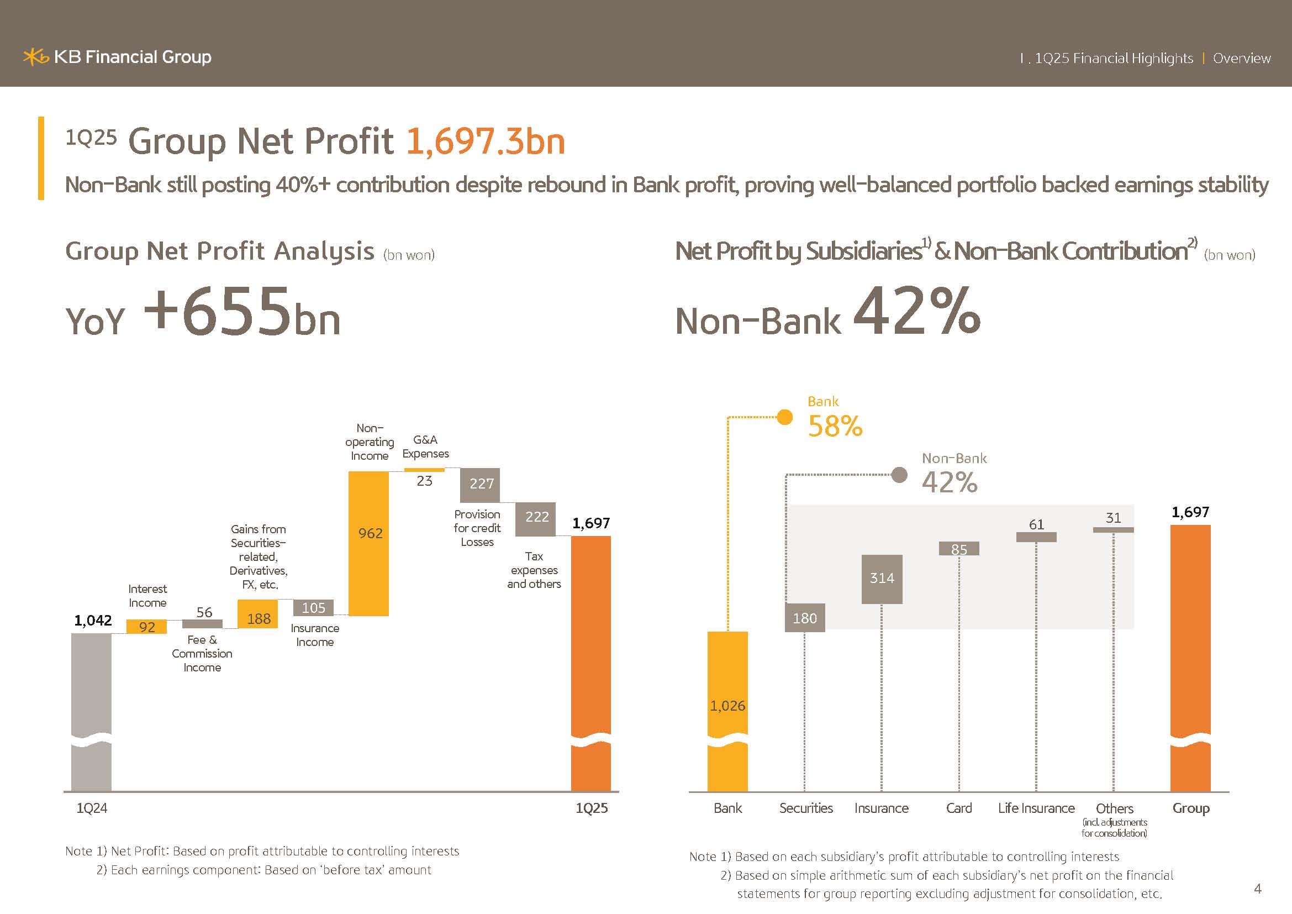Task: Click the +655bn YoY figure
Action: tap(242, 312)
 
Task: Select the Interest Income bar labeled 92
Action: tap(146, 627)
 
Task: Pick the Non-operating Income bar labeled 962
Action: tap(368, 543)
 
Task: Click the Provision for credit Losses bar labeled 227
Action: tap(480, 485)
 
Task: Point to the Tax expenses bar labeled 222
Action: tap(535, 518)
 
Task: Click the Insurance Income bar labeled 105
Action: tap(313, 607)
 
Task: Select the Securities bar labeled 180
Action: tap(805, 617)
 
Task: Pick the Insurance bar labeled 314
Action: tap(882, 579)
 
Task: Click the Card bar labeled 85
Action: tap(959, 548)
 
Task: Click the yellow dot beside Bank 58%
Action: tap(784, 417)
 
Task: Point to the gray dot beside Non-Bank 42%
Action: tap(899, 475)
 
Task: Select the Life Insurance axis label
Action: tap(1036, 808)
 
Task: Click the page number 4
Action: tap(1258, 889)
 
